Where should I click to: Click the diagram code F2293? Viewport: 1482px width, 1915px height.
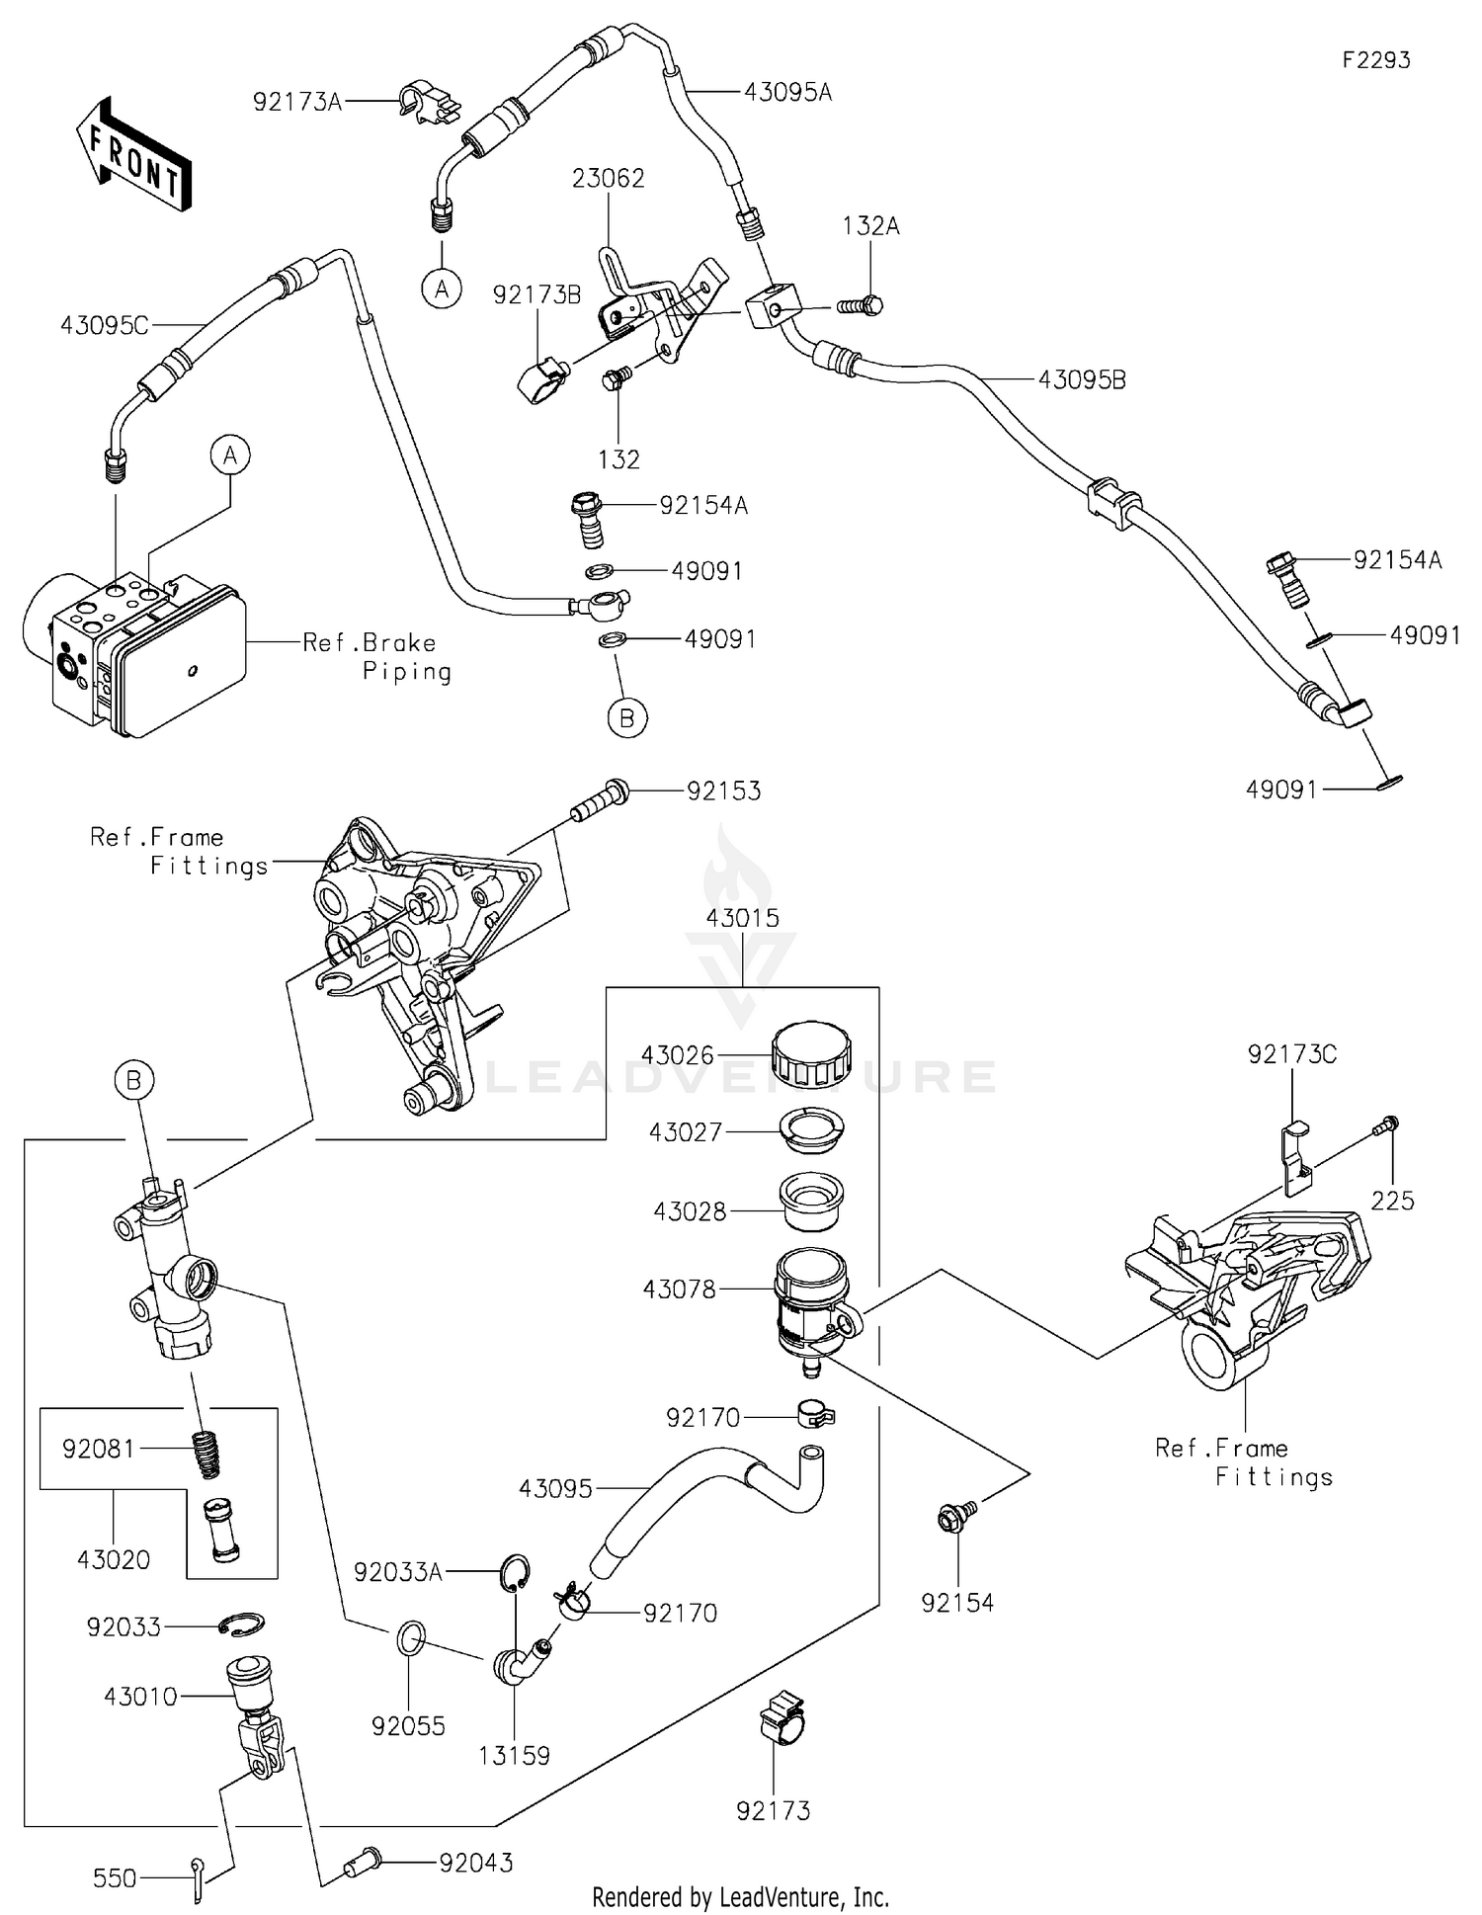(1375, 60)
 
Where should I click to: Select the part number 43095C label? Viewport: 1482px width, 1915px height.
(104, 325)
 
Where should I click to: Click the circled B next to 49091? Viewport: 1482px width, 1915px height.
(626, 718)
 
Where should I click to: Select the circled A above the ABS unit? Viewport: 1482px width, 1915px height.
(230, 456)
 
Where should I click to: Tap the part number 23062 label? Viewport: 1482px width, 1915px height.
(608, 178)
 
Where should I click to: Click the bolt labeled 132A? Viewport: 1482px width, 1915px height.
(860, 305)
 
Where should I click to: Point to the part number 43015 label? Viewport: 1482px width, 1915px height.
(742, 918)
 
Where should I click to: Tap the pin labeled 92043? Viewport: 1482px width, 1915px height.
(363, 1864)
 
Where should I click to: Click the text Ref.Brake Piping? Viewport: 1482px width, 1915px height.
(375, 657)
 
